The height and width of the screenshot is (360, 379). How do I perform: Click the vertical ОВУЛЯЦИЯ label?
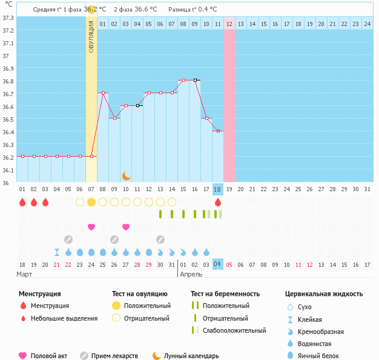91,37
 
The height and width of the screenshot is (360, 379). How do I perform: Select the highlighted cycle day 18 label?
218,189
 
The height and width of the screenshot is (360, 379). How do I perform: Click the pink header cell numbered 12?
229,24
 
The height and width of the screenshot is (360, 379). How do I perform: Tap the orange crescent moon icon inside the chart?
126,175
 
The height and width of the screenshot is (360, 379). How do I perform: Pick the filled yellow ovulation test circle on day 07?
91,202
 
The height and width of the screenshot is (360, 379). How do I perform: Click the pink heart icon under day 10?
126,227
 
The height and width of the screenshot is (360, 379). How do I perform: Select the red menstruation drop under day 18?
218,202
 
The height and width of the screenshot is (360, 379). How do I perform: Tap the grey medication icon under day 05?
68,240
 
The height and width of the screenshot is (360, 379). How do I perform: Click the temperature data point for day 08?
103,93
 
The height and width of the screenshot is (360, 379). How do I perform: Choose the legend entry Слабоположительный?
234,330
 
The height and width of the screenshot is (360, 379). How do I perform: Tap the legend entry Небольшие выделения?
64,318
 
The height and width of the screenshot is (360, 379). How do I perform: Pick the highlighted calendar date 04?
218,264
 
